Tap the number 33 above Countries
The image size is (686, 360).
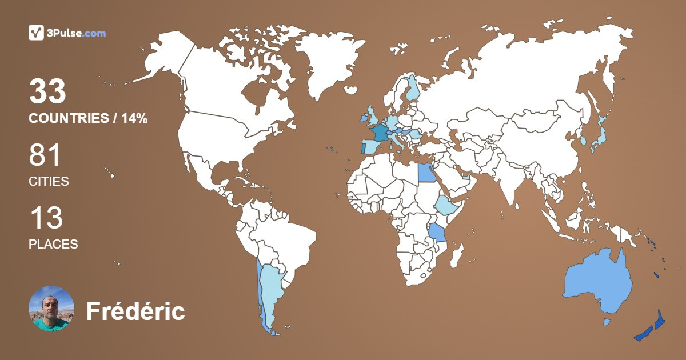pos(48,91)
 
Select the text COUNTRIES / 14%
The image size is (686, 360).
pos(88,119)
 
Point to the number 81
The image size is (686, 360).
pos(45,155)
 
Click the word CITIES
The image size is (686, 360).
pos(49,182)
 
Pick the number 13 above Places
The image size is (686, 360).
pos(46,218)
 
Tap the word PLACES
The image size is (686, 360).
pos(53,244)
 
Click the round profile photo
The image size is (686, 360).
pos(51,309)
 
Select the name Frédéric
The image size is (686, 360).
pos(135,311)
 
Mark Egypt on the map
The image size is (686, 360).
pos(426,171)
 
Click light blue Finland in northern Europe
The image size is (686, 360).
pos(413,89)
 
